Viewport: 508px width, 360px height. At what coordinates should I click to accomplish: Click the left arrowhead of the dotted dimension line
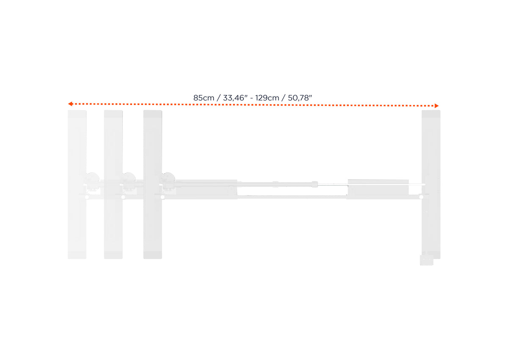(x=70, y=104)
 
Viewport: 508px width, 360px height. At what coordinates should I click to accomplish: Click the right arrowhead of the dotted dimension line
(x=436, y=106)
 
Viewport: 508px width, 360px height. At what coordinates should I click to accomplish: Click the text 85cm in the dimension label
(x=204, y=98)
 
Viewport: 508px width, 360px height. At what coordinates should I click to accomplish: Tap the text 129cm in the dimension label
(x=267, y=98)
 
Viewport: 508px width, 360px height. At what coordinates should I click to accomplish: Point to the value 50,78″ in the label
(x=300, y=98)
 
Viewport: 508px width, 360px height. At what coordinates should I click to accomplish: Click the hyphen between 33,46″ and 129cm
(x=251, y=98)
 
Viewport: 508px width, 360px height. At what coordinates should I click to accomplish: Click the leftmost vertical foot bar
(x=77, y=185)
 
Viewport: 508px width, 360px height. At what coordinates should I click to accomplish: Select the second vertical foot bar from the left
(x=113, y=185)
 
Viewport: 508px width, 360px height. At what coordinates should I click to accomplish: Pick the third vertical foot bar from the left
(x=153, y=185)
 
